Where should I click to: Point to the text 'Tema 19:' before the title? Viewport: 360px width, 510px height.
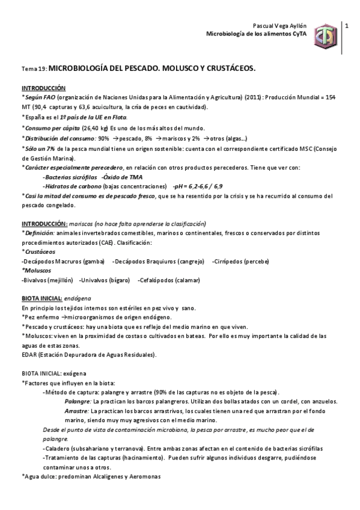(x=34, y=70)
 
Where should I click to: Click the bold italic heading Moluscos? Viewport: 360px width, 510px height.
(x=37, y=271)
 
